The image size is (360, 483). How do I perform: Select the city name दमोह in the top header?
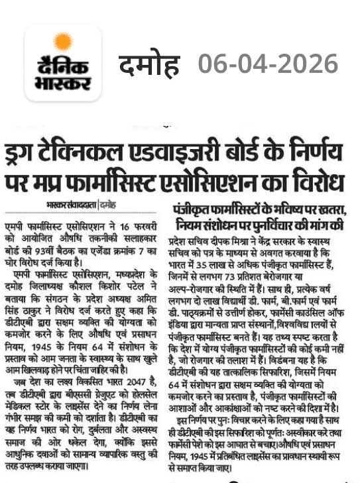point(149,64)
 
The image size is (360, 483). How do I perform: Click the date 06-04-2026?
point(268,64)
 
